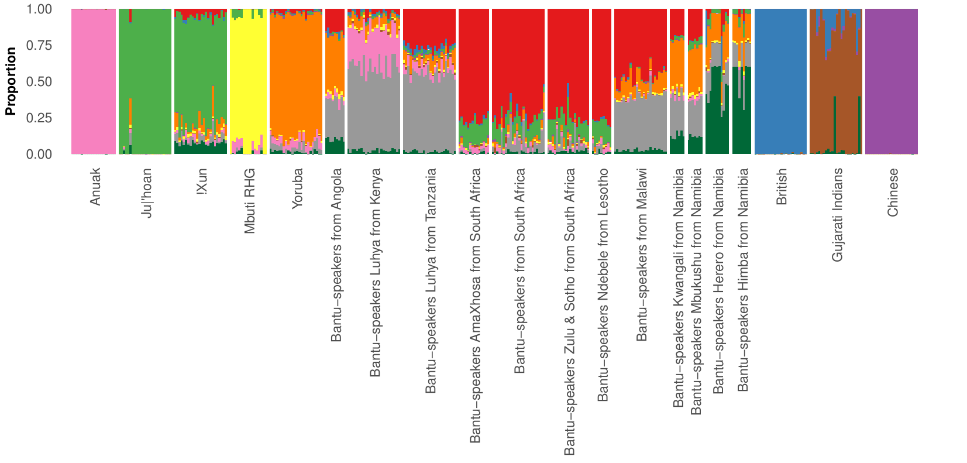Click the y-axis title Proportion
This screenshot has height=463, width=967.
(11, 81)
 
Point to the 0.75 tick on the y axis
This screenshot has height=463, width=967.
(39, 46)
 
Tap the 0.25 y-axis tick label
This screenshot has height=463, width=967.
(39, 118)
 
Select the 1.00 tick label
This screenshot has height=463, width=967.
(39, 9)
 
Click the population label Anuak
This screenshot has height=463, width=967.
(95, 187)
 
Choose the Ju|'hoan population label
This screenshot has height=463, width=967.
(146, 193)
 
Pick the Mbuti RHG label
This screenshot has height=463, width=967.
(250, 201)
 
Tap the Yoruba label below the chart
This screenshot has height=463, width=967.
(298, 188)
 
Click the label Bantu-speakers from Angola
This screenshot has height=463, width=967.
(336, 255)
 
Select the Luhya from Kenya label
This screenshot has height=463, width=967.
(375, 272)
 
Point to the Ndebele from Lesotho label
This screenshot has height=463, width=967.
(603, 284)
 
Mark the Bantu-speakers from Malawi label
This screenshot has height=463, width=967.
(642, 255)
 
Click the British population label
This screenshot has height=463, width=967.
(782, 187)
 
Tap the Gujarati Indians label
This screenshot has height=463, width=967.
(837, 214)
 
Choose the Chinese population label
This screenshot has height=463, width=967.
(893, 192)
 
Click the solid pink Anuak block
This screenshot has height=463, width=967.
(94, 82)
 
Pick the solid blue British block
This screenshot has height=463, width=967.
(780, 82)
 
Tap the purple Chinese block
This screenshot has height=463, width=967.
(891, 82)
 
